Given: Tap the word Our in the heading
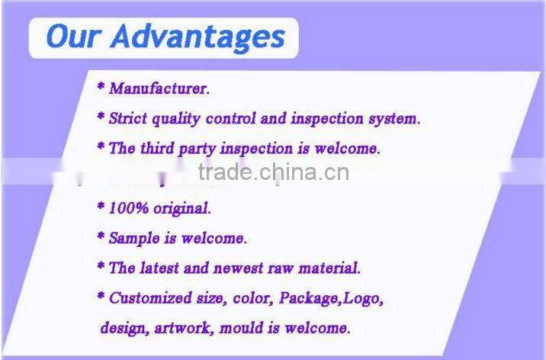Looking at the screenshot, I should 73,37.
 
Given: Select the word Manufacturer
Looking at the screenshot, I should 159,88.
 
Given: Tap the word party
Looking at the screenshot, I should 199,149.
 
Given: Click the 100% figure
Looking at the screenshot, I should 127,207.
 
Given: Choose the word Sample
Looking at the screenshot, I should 133,238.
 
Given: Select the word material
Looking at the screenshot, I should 331,268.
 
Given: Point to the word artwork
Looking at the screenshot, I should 185,328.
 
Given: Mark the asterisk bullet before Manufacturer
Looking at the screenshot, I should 100,88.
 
